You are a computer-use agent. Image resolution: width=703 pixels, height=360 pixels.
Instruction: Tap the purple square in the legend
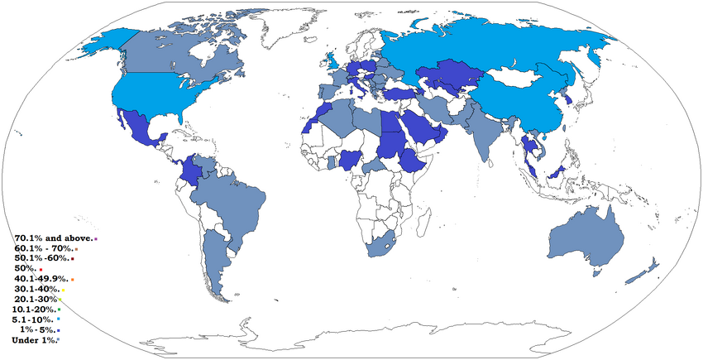pos(96,239)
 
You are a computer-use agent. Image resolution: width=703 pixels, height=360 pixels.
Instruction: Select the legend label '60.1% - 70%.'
pos(44,248)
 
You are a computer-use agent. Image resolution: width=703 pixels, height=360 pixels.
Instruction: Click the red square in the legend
pos(41,270)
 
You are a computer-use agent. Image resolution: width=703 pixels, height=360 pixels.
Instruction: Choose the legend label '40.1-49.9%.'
pos(41,279)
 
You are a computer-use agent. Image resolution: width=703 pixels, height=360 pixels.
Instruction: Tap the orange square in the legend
pos(73,280)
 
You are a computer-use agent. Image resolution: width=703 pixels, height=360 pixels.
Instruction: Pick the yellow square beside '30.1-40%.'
pos(62,290)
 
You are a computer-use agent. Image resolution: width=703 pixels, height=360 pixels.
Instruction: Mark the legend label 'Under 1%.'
pos(34,339)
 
